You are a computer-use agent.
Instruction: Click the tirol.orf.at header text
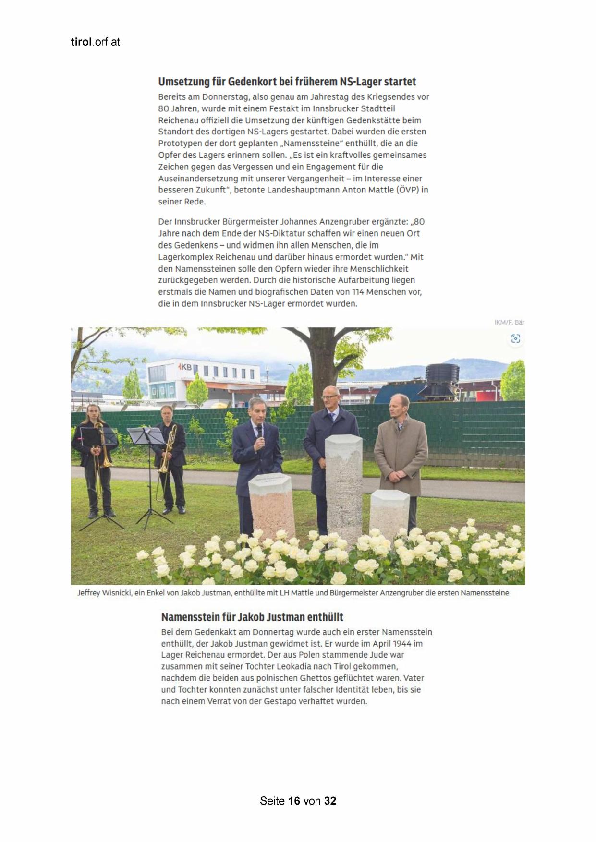(x=95, y=42)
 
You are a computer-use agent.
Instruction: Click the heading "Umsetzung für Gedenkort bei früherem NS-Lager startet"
(x=287, y=82)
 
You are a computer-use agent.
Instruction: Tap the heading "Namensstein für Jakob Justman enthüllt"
(x=252, y=617)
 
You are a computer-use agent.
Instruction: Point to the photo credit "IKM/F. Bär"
(x=509, y=322)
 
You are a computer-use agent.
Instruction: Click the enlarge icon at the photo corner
(x=515, y=339)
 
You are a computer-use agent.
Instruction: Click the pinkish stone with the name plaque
(x=272, y=506)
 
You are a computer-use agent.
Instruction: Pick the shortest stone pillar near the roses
(x=389, y=511)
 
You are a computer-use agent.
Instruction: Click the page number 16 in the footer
(x=294, y=801)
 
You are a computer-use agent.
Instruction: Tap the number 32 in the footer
(x=330, y=801)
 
